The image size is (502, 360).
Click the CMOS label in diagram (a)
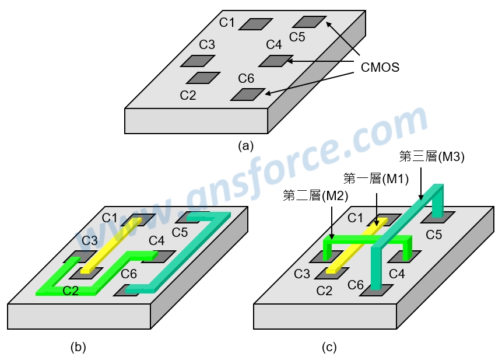pos(380,67)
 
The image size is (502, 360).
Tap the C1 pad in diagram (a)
pos(255,24)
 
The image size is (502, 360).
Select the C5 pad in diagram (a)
pos(309,22)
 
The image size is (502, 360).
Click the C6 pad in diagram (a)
pos(248,95)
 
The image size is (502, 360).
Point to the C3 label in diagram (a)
pos(207,44)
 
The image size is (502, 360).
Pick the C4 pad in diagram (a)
pos(276,61)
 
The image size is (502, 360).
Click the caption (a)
pos(245,146)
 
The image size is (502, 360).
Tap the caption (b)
pos(78,347)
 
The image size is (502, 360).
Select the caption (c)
pos(329,347)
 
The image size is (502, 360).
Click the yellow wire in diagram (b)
pos(111,245)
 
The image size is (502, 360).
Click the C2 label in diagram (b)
pos(71,291)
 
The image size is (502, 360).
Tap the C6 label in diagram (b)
pos(129,274)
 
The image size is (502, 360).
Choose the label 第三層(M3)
pos(431,156)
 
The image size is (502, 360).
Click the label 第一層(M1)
pos(376,179)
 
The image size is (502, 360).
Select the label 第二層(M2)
pos(315,195)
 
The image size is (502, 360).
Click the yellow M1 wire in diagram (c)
pos(357,245)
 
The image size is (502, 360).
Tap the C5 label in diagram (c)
pos(434,235)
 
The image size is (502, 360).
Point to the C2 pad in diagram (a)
pos(203,78)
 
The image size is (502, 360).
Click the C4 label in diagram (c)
pos(397,274)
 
